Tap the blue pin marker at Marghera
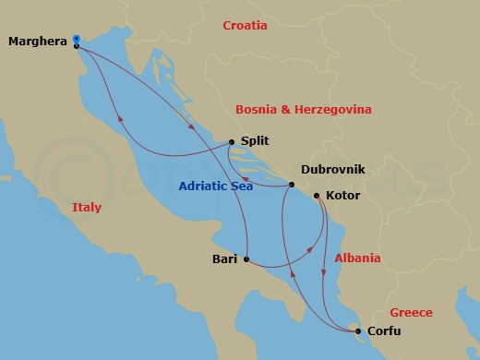(x=76, y=39)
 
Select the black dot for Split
(x=231, y=143)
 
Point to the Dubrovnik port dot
(x=291, y=186)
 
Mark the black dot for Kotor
(x=318, y=196)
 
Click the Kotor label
(x=344, y=196)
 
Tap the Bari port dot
(x=246, y=259)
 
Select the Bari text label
(x=224, y=259)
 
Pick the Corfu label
(x=384, y=330)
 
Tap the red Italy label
(x=87, y=209)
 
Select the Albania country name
(x=358, y=258)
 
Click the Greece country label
(x=412, y=313)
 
